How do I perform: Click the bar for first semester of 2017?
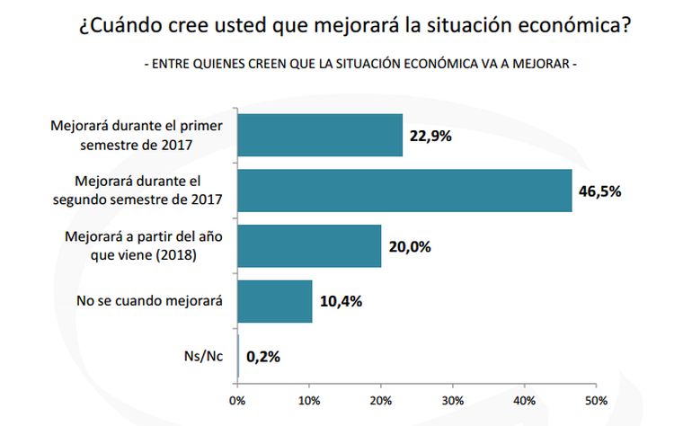pyautogui.click(x=320, y=136)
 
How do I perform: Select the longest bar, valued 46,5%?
pyautogui.click(x=404, y=191)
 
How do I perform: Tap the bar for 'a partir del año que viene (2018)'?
pyautogui.click(x=309, y=246)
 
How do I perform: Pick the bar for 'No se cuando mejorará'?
pyautogui.click(x=275, y=301)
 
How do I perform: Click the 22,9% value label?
pyautogui.click(x=430, y=137)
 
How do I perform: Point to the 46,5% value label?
pyautogui.click(x=600, y=191)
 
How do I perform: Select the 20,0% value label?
pyautogui.click(x=409, y=247)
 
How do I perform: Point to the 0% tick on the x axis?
pyautogui.click(x=237, y=400)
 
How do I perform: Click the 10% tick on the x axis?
pyautogui.click(x=309, y=400)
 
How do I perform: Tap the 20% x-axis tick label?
pyautogui.click(x=381, y=400)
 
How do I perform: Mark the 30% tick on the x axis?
pyautogui.click(x=453, y=400)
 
